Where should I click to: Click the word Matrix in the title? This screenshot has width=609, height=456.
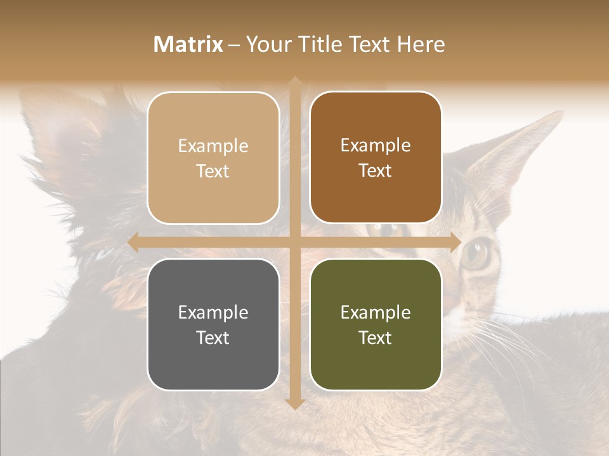tap(188, 44)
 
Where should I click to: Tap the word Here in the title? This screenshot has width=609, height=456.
tap(421, 44)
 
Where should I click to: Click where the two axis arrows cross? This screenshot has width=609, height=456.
tap(294, 243)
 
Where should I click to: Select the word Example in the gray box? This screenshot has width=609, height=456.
tap(213, 312)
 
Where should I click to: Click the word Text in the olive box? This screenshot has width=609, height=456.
tap(376, 338)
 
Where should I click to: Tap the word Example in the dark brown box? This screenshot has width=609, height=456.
tap(376, 146)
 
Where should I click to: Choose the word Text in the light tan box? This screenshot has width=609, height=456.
tap(213, 172)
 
